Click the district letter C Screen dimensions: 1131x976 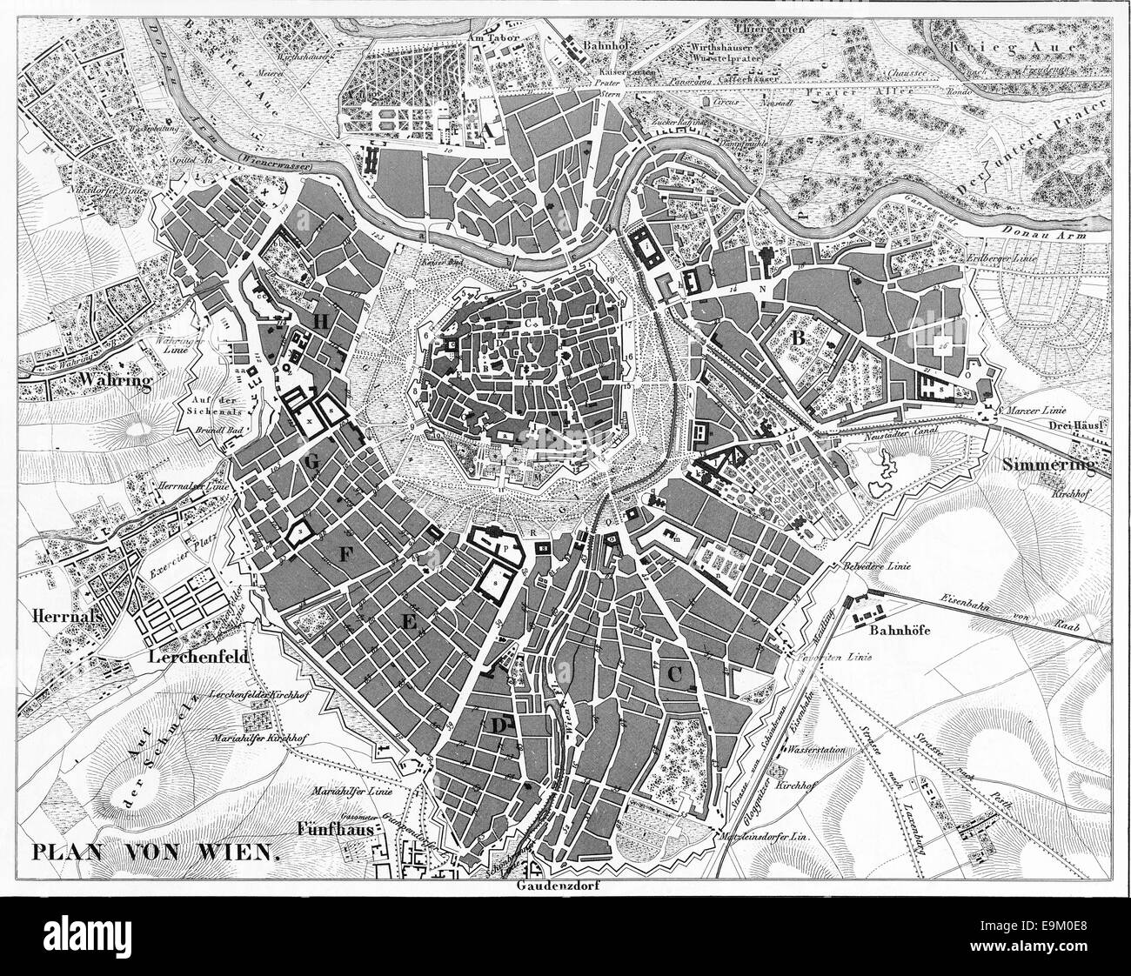(674, 672)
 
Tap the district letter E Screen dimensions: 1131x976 (406, 620)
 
